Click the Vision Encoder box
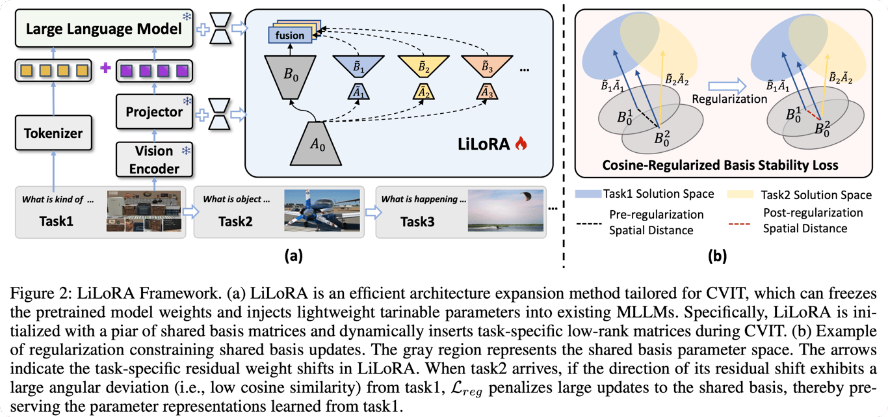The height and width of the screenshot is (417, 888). click(153, 159)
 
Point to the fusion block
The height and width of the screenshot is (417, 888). click(289, 36)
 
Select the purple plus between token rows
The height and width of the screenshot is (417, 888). click(105, 68)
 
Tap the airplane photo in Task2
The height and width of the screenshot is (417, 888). click(322, 210)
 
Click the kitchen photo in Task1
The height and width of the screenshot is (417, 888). click(144, 211)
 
